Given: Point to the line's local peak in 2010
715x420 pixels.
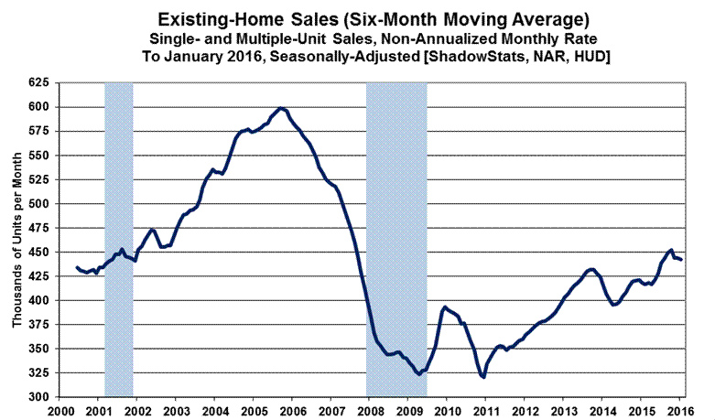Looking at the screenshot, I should tap(445, 307).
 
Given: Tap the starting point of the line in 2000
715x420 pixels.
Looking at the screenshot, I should tap(77, 266).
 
